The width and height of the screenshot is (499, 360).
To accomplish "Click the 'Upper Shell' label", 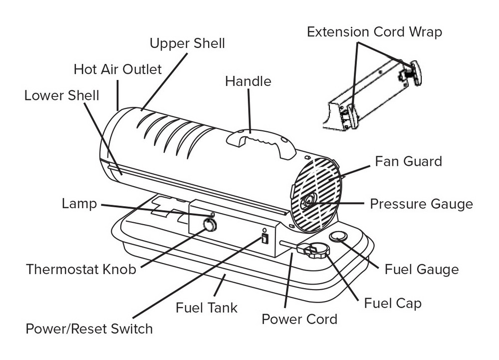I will pyautogui.click(x=187, y=43).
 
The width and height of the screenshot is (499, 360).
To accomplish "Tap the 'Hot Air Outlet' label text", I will pyautogui.click(x=118, y=69).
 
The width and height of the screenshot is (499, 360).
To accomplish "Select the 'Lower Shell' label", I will pyautogui.click(x=62, y=95).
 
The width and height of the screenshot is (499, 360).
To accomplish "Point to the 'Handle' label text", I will pyautogui.click(x=248, y=81).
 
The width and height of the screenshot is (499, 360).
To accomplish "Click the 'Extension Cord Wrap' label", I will pyautogui.click(x=374, y=32).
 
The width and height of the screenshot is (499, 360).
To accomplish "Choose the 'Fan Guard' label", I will pyautogui.click(x=408, y=161).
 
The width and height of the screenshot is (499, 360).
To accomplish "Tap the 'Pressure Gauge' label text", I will pyautogui.click(x=421, y=204).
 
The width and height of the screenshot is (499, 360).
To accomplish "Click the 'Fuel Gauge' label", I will pyautogui.click(x=421, y=270).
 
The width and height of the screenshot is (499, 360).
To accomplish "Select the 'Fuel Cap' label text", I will pyautogui.click(x=393, y=303).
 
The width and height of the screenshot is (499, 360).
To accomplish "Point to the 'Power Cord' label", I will pyautogui.click(x=299, y=319).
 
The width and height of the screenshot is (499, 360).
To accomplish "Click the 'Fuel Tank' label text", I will pyautogui.click(x=207, y=307).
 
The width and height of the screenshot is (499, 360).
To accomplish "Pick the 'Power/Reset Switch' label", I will pyautogui.click(x=89, y=329).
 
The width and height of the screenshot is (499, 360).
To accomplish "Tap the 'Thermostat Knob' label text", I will pyautogui.click(x=81, y=270).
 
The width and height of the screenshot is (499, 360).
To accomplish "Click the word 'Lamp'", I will pyautogui.click(x=79, y=204).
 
